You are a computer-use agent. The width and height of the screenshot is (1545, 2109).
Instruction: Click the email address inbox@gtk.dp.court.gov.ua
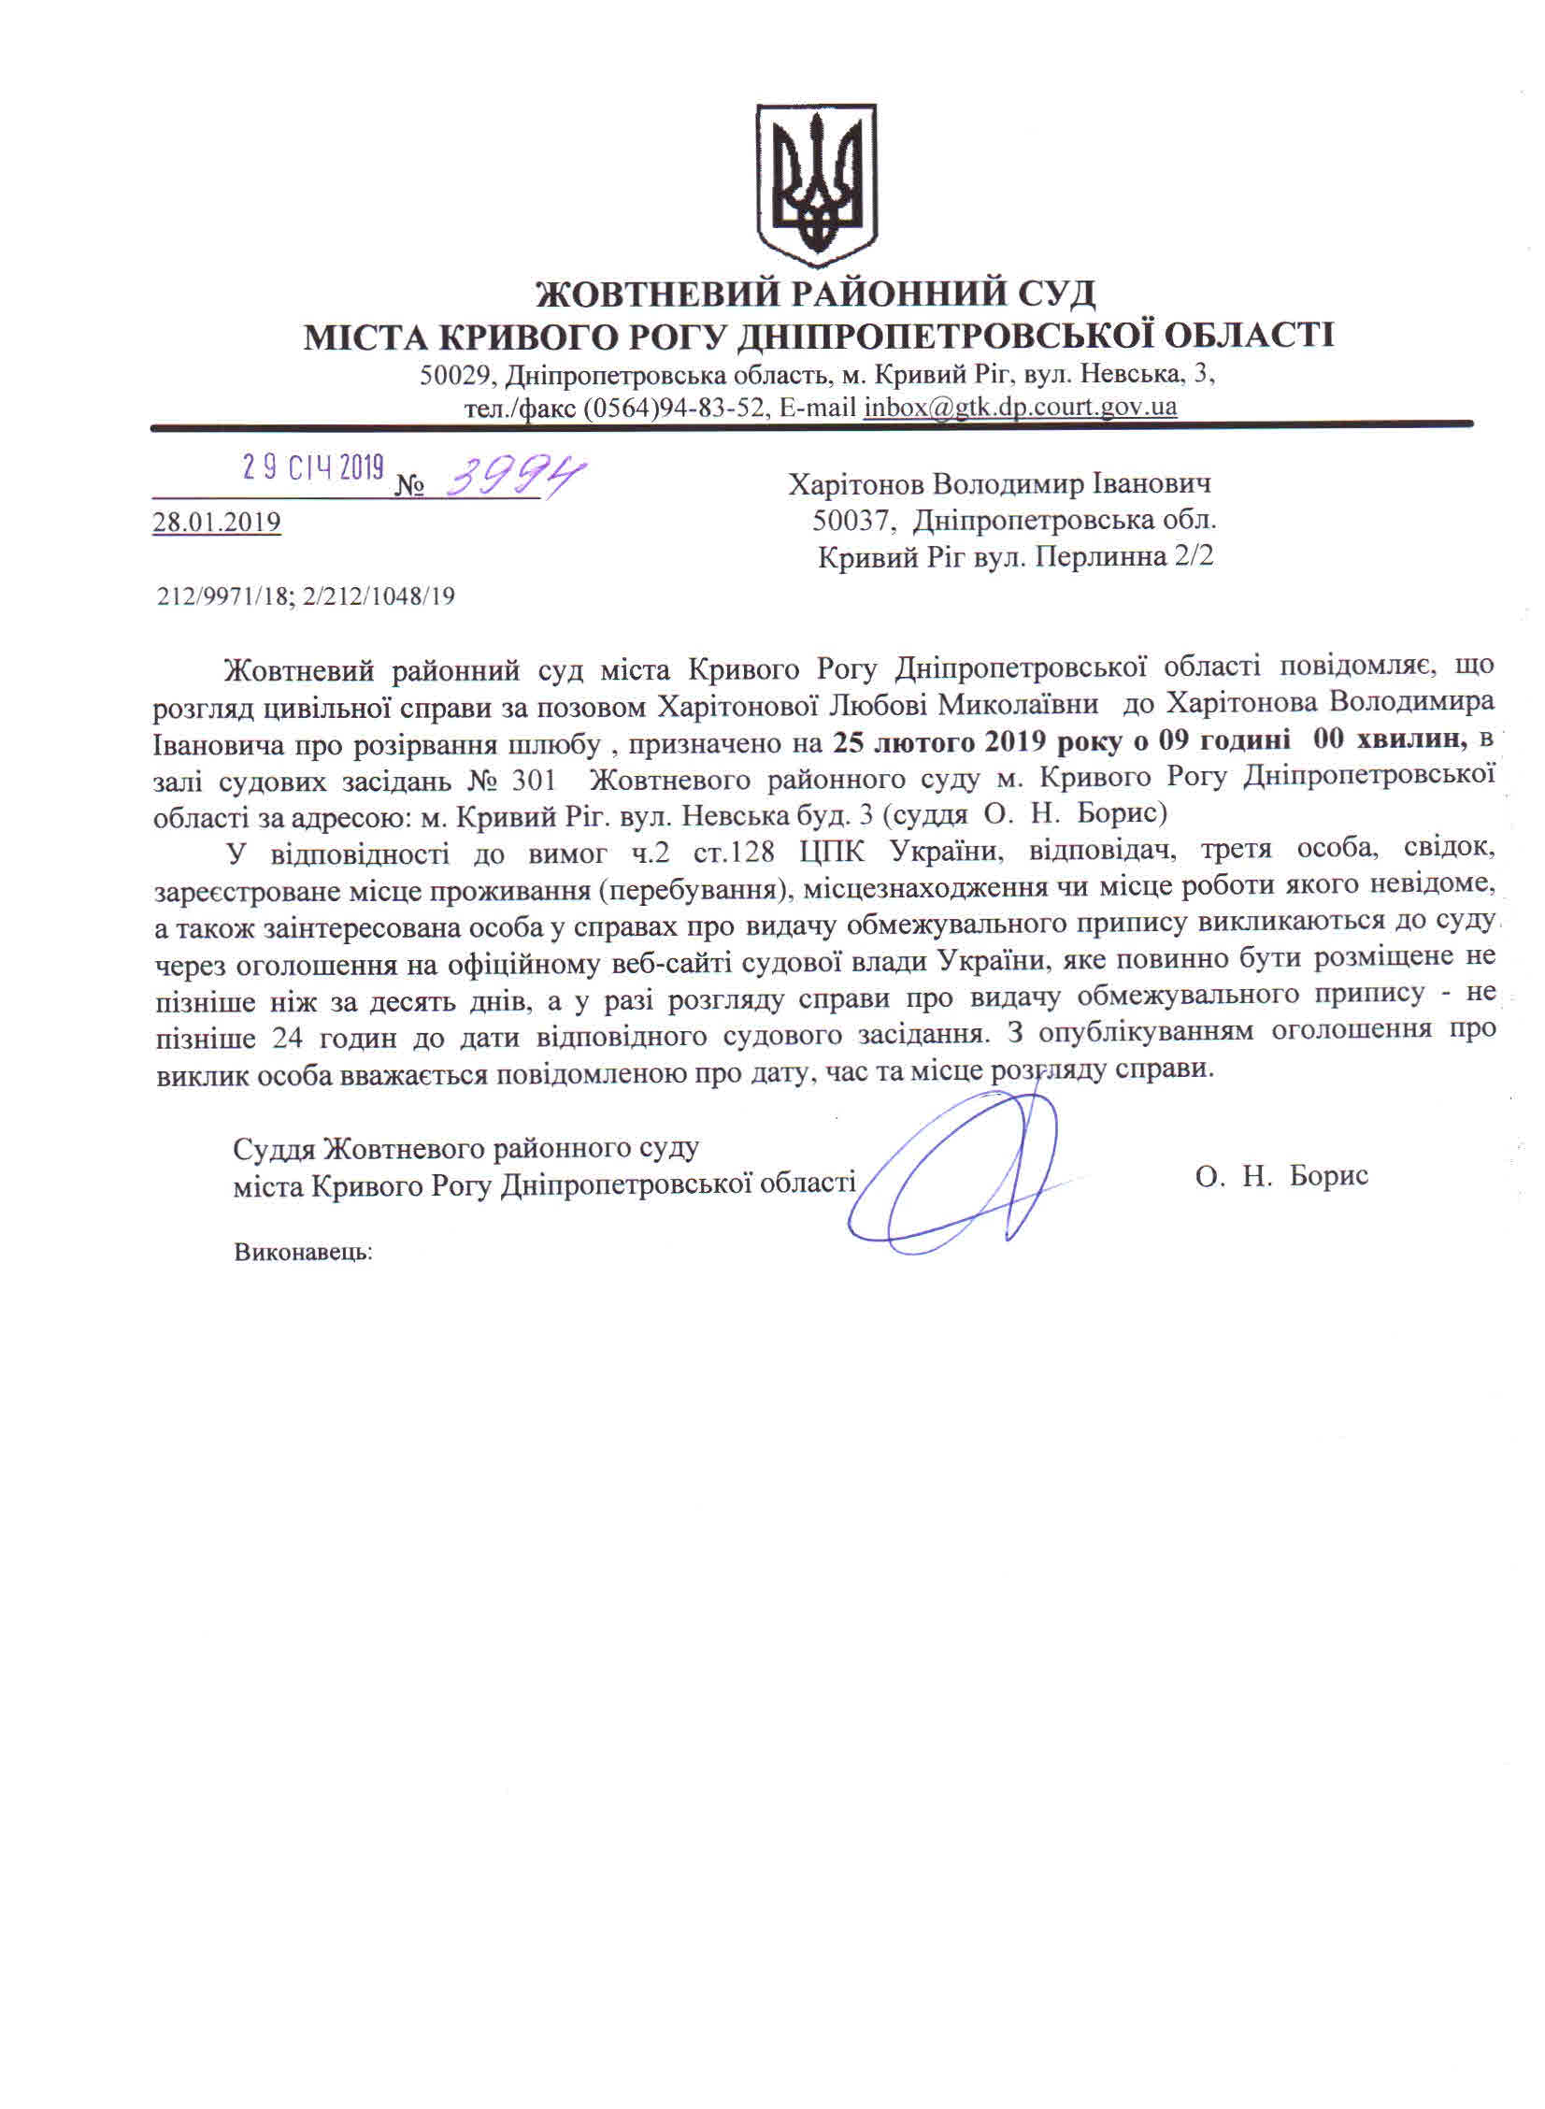(x=1021, y=408)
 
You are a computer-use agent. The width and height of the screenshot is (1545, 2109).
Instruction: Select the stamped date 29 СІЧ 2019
(x=313, y=467)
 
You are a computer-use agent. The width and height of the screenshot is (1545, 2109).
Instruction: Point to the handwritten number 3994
(x=509, y=478)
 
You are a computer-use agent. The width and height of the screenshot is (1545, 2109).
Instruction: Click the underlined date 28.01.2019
(x=217, y=522)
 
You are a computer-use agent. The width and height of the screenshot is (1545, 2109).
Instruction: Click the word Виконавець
(x=303, y=1253)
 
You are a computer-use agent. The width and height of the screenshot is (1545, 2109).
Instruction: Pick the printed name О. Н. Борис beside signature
(x=1280, y=1176)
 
